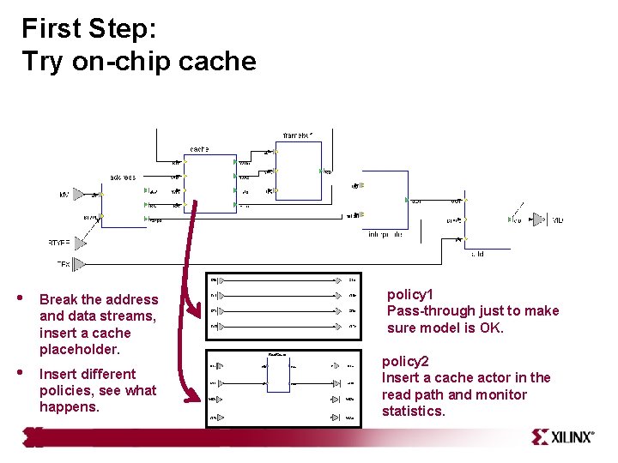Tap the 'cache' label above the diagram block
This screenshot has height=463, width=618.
[x=198, y=148]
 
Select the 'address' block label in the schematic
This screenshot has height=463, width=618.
[x=122, y=177]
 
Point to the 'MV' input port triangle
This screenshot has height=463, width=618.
[x=78, y=195]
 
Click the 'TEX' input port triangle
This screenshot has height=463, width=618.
[x=79, y=263]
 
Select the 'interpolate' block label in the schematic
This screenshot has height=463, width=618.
[x=385, y=233]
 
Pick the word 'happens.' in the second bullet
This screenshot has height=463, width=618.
[x=70, y=407]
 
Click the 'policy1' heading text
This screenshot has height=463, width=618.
[x=410, y=294]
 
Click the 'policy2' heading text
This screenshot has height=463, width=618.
[x=405, y=361]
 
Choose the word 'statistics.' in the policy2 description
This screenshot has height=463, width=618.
[x=414, y=412]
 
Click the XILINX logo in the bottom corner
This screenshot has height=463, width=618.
[x=562, y=436]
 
